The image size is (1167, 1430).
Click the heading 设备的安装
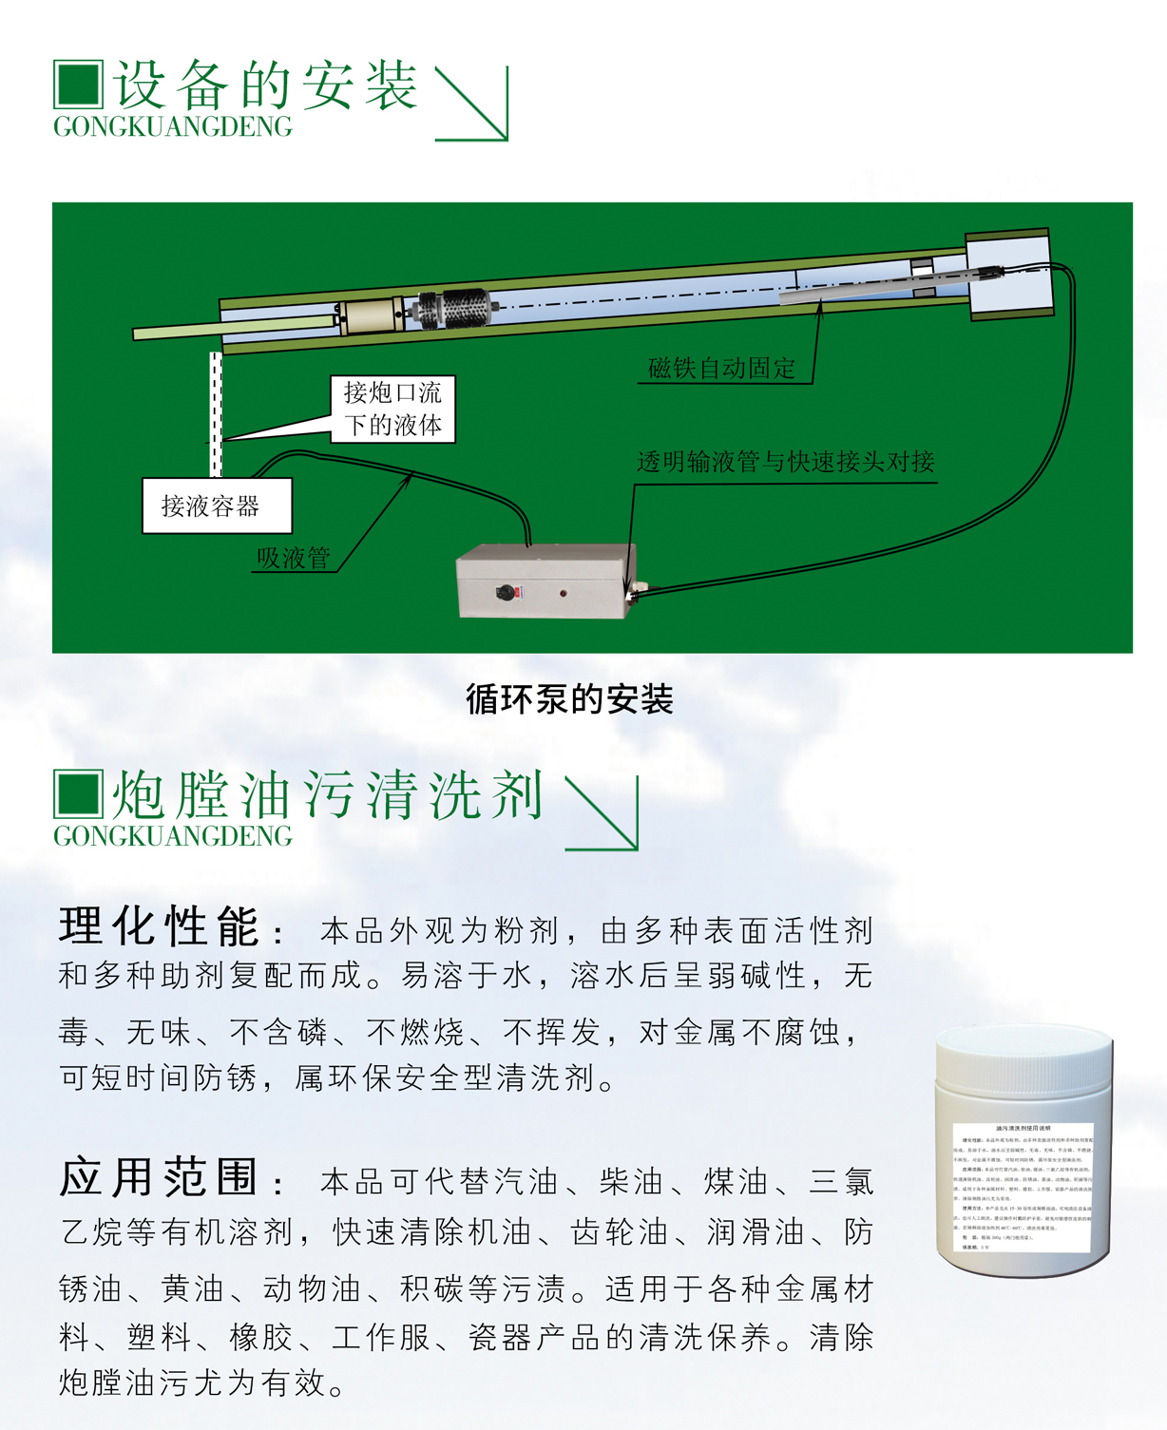(266, 85)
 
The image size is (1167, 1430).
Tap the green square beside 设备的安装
(78, 85)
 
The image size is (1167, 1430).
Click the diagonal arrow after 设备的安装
(471, 104)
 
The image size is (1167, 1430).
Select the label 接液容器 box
(216, 506)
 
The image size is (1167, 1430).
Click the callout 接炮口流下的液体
(392, 409)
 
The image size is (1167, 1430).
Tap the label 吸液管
(294, 559)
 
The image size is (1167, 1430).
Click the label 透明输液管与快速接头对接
(785, 463)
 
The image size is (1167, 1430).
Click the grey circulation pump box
(545, 581)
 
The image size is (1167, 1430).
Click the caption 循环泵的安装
(569, 700)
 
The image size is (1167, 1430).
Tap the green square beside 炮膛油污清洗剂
(78, 794)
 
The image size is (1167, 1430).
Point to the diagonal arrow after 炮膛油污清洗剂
(602, 813)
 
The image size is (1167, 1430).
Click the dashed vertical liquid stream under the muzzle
(216, 414)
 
